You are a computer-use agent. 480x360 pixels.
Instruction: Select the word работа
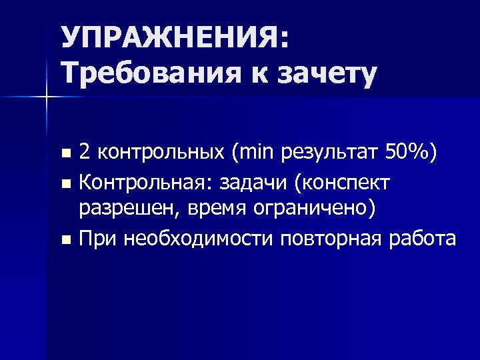(425, 238)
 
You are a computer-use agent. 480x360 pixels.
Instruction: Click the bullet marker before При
(65, 239)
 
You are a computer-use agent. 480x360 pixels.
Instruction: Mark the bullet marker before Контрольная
(65, 182)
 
